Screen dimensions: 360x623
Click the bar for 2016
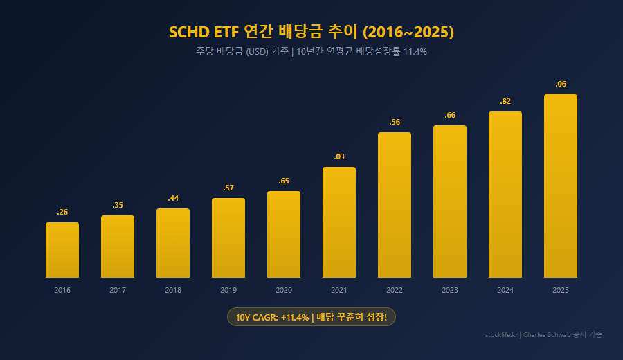click(x=62, y=250)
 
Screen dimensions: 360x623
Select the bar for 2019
click(x=228, y=238)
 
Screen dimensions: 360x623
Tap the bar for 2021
click(x=339, y=222)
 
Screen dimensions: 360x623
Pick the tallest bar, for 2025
click(x=561, y=186)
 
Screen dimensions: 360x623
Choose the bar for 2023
click(x=450, y=201)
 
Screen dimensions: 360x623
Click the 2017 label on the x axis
click(x=118, y=290)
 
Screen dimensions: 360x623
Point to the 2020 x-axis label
click(x=284, y=290)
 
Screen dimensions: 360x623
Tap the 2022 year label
click(x=395, y=290)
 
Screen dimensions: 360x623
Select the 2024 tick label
click(x=505, y=290)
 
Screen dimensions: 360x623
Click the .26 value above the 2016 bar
click(x=62, y=212)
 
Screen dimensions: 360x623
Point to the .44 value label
click(x=173, y=198)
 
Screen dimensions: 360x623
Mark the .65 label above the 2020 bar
click(x=284, y=181)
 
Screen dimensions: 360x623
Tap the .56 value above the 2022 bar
click(x=395, y=122)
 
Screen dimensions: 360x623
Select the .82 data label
click(x=505, y=101)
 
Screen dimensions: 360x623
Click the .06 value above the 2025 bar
click(x=561, y=84)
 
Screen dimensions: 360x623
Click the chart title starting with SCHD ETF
click(x=311, y=32)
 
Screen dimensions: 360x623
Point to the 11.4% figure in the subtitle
click(x=415, y=51)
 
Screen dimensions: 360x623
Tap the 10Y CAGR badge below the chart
click(x=311, y=317)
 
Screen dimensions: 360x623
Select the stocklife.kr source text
click(x=502, y=334)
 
